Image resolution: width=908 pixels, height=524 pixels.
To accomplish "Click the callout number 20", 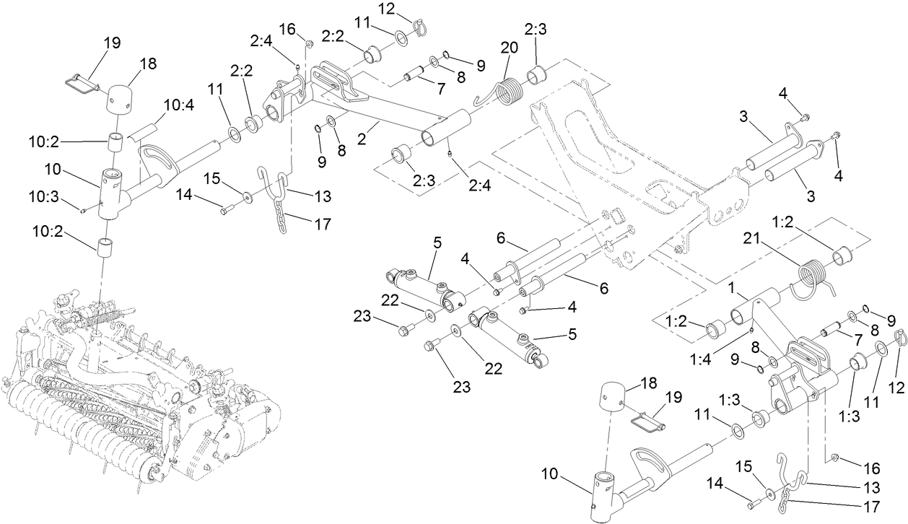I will click(510, 48).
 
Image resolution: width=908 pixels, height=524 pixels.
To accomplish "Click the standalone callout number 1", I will click(732, 289).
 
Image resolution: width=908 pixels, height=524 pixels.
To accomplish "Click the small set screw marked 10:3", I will click(84, 210).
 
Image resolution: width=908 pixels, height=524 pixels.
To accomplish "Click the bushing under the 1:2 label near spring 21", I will click(843, 255).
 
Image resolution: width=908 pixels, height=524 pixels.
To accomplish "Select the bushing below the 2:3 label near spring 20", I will click(536, 74).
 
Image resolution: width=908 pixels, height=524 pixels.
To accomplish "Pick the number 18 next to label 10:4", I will click(148, 64).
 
